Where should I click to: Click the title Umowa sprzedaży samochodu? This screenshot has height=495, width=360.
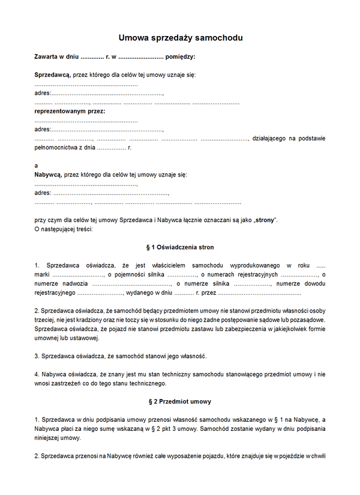(180, 38)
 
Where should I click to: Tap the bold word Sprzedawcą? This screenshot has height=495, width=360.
(53, 75)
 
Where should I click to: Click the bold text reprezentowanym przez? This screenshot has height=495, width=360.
(70, 111)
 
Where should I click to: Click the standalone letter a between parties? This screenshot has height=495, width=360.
(37, 166)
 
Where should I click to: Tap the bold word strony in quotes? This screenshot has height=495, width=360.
(265, 220)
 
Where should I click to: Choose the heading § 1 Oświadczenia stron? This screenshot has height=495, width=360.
(180, 247)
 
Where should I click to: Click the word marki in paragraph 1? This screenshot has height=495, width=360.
(43, 274)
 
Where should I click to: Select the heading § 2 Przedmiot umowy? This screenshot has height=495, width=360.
(180, 401)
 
